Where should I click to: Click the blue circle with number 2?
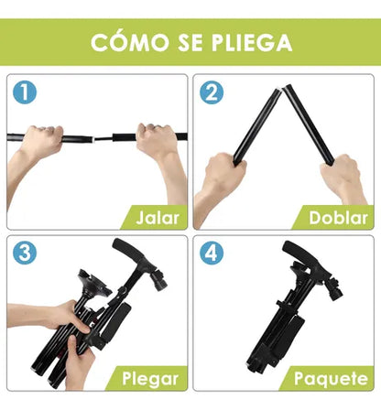tap(213, 92)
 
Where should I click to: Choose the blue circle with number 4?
tap(213, 254)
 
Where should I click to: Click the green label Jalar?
tap(157, 218)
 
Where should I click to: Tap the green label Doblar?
tap(337, 218)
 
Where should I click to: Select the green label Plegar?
tap(148, 377)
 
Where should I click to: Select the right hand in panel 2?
tap(346, 176)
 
